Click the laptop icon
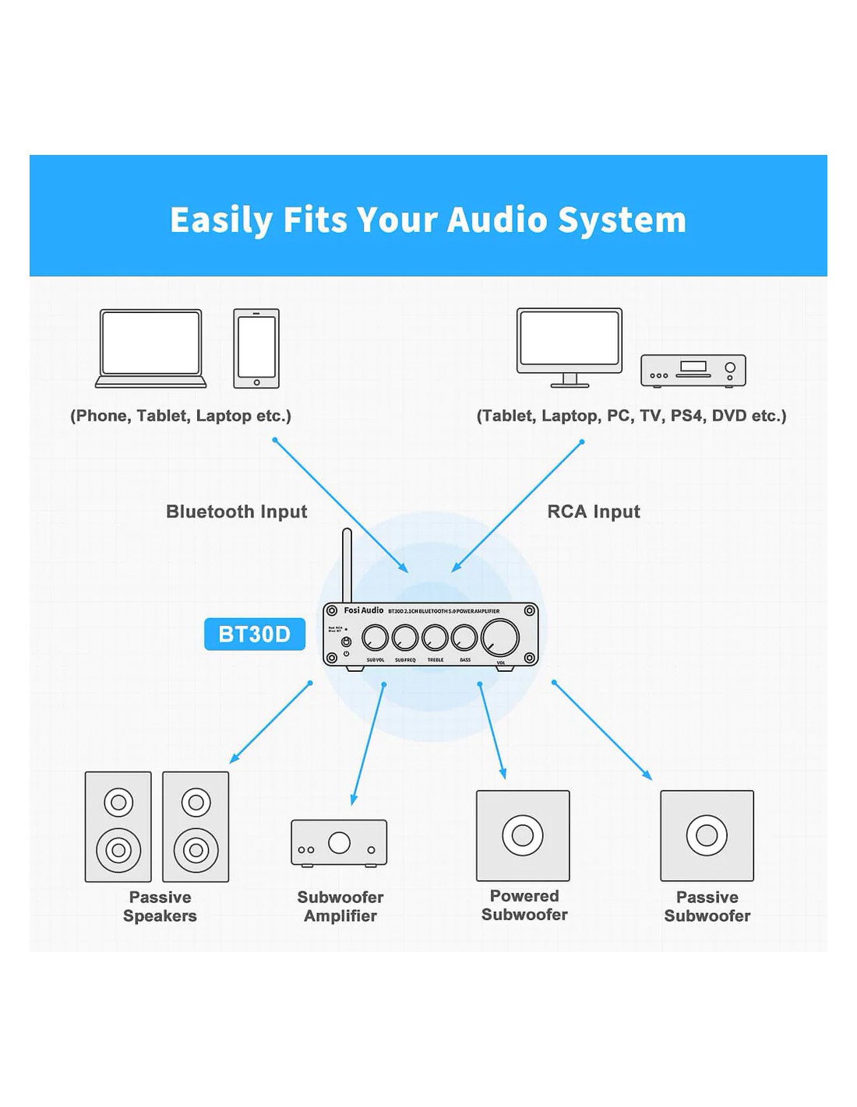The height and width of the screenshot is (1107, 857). click(150, 348)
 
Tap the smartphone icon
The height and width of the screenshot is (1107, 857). click(256, 348)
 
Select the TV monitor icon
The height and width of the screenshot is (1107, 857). click(570, 346)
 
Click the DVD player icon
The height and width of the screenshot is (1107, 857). click(693, 371)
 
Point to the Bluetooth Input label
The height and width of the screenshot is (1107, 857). click(236, 511)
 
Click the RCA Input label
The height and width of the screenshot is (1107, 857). click(594, 511)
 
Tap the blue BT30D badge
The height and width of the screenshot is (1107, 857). click(254, 634)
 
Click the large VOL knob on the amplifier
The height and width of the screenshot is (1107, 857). click(500, 637)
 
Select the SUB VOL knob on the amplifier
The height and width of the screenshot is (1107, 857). click(375, 638)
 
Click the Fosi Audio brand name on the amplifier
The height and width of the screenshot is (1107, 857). click(364, 610)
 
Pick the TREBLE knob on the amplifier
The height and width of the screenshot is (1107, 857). click(435, 638)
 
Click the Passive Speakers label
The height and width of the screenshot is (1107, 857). click(160, 906)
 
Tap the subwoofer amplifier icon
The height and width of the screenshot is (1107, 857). click(339, 842)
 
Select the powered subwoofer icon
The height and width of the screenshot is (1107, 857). click(523, 835)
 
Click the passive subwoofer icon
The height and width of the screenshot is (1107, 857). click(707, 835)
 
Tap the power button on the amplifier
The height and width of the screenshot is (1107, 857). click(347, 642)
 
